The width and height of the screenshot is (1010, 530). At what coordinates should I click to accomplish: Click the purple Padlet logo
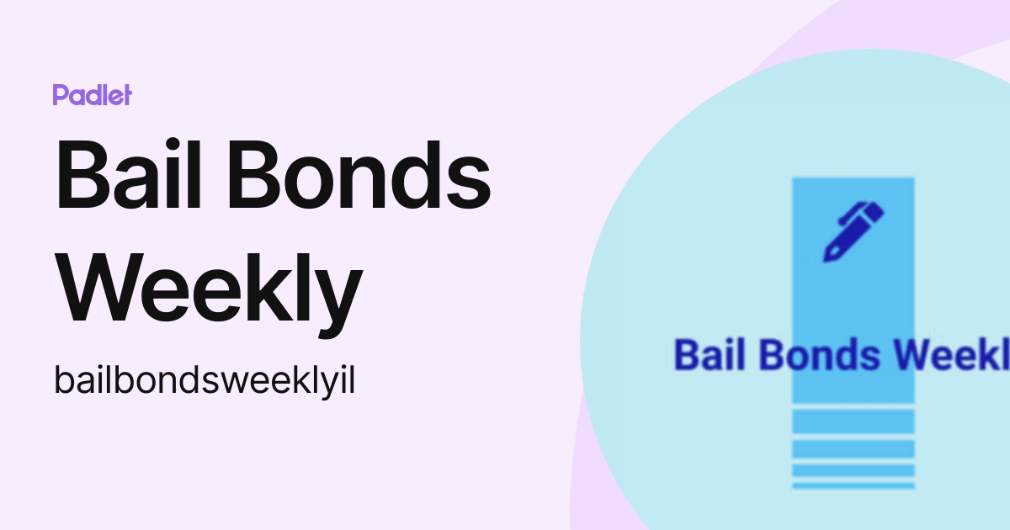92,95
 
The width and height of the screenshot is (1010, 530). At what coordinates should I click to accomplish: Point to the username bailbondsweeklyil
205,381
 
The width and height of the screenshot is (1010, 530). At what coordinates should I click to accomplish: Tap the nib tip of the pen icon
830,255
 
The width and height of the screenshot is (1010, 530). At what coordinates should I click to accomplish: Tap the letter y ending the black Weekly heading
338,299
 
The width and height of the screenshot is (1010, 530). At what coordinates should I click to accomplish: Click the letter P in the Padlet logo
59,95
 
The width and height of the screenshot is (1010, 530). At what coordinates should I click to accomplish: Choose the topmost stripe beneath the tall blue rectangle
853,421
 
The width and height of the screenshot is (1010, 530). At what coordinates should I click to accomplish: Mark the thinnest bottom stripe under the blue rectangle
853,485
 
